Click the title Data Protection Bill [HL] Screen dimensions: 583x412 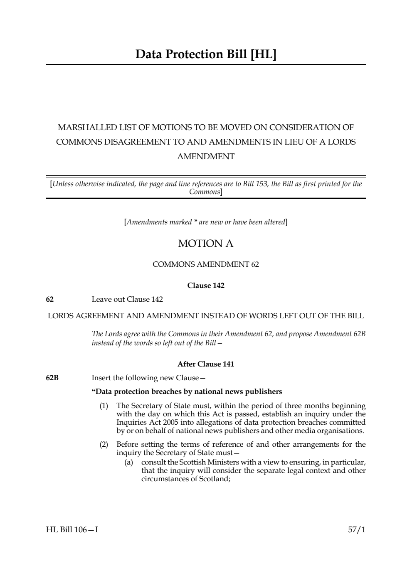206,54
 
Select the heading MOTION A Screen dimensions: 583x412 206,244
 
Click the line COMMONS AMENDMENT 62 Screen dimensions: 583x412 206,264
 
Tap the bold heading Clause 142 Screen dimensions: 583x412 206,285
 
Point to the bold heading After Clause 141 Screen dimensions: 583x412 206,364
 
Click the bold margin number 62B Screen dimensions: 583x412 52,378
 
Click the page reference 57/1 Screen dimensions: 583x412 357,530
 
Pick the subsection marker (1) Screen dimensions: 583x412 104,405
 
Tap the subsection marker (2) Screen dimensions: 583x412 104,444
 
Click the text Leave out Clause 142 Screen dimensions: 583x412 127,299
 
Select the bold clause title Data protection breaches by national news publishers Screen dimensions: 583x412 187,391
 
